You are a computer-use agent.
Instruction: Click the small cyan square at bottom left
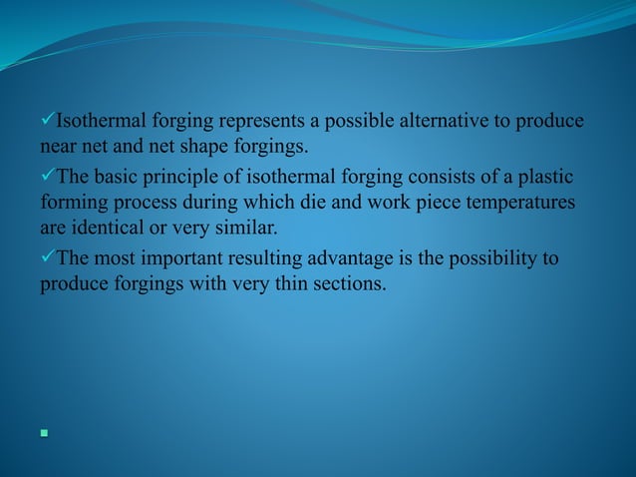(x=44, y=434)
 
